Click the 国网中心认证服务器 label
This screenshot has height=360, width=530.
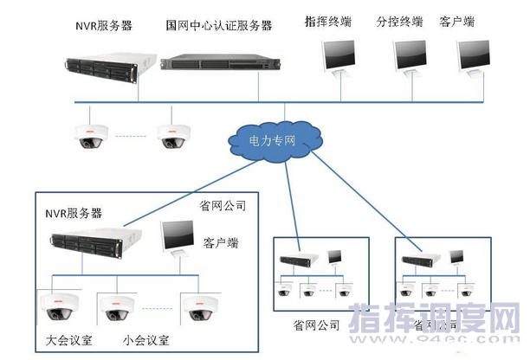[x=218, y=27]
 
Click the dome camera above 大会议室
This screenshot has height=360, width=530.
[x=59, y=305]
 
